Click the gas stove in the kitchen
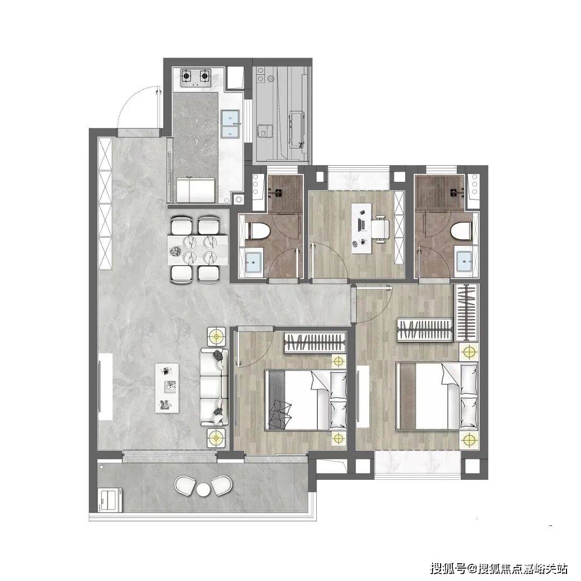pos(195,77)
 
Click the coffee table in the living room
pos(167,387)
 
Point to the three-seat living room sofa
pos(214,387)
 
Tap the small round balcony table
pos(203,489)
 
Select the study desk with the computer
pos(362,228)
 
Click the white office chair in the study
pos(381,229)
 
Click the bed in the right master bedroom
pos(437,396)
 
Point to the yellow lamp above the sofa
pos(216,337)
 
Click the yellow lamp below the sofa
pos(216,437)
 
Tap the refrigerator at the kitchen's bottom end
pos(196,190)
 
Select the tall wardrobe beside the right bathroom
pos(466,312)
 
